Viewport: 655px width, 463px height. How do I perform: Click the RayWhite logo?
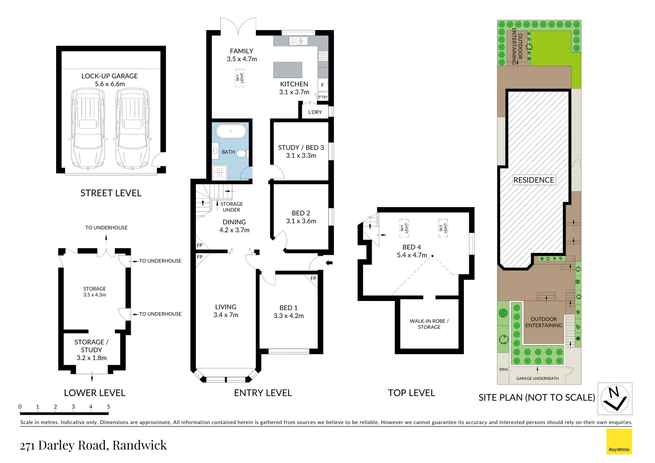[619, 442]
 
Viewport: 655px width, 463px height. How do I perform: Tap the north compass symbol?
[615, 399]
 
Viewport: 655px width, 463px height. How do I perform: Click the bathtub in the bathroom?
[231, 131]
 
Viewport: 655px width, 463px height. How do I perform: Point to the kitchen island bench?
[288, 69]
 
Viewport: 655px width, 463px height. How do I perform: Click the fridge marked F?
[322, 84]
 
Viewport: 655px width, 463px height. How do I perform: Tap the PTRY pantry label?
[323, 97]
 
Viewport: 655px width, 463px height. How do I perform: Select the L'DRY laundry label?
[315, 112]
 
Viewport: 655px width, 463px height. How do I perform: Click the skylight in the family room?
[239, 78]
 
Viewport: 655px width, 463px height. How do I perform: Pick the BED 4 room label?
[412, 247]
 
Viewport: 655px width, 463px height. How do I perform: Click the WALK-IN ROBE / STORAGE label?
[429, 324]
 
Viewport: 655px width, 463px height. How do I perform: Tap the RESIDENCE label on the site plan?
[534, 180]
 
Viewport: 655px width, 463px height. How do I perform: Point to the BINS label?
[503, 370]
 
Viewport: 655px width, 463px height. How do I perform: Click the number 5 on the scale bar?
[108, 407]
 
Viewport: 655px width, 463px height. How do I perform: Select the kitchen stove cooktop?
[323, 56]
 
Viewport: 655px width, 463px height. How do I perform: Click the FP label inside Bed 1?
[313, 279]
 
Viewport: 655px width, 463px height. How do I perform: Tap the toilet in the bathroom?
[242, 153]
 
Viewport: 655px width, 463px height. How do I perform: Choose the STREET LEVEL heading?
[111, 193]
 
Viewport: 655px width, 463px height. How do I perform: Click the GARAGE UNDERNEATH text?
[537, 379]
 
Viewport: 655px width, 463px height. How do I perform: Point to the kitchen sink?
[298, 41]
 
